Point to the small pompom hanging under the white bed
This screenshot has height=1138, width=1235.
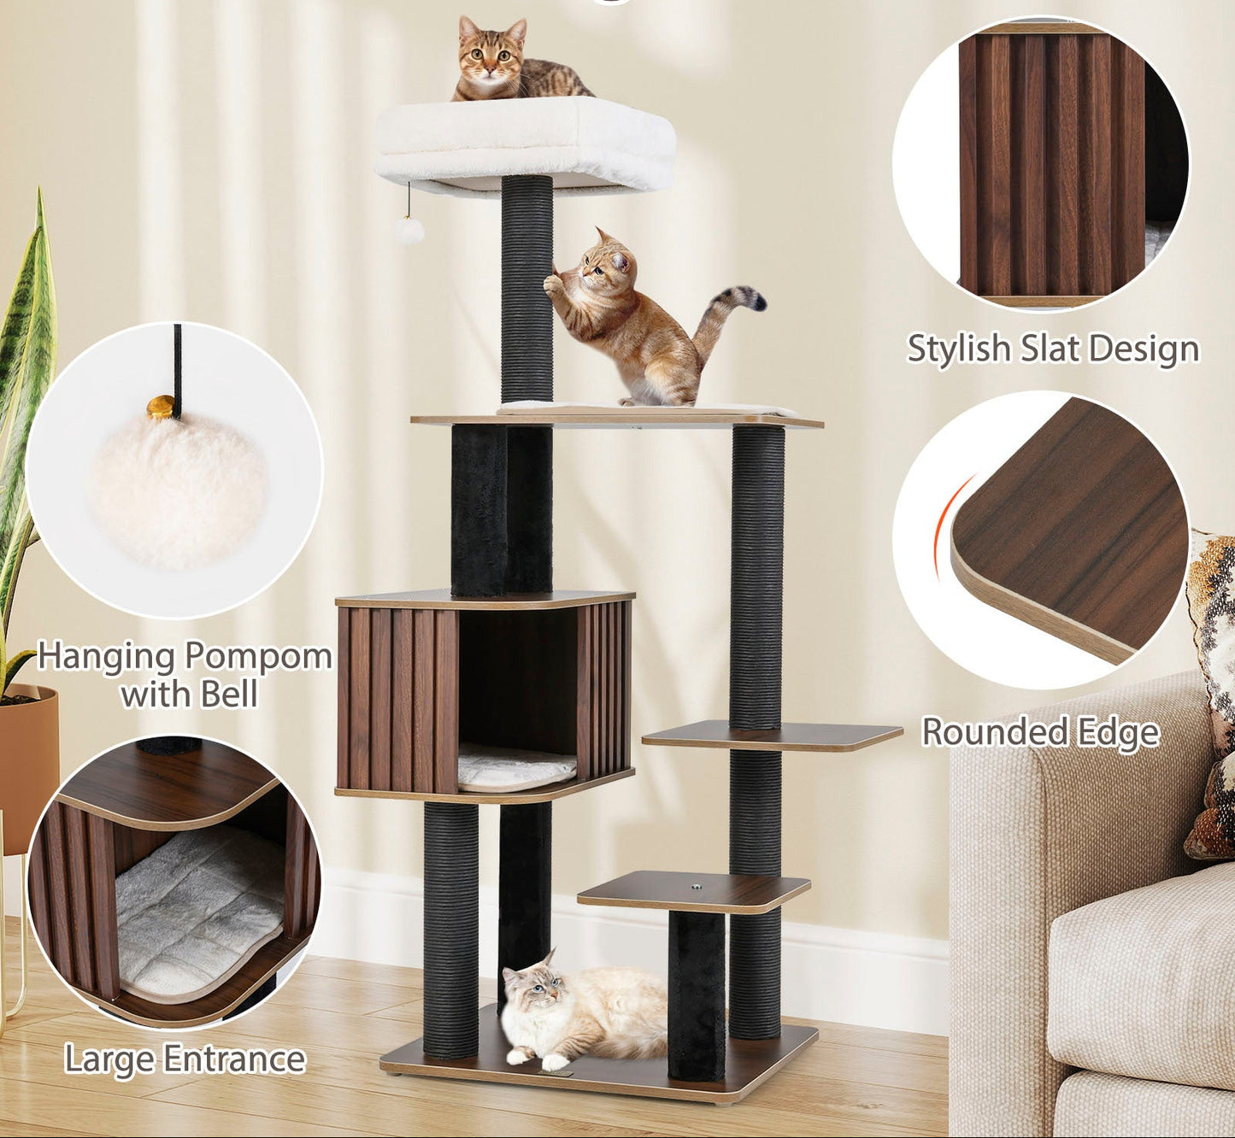pyautogui.click(x=409, y=231)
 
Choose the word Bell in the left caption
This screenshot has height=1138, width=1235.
pyautogui.click(x=229, y=694)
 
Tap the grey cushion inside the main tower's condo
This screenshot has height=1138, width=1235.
pyautogui.click(x=517, y=769)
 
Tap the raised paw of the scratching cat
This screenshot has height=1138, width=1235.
pyautogui.click(x=553, y=284)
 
